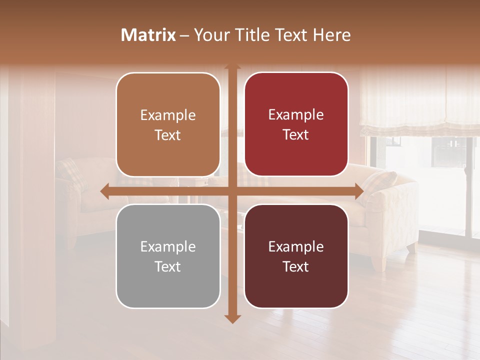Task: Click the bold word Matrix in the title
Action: pyautogui.click(x=148, y=35)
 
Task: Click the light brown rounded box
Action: pyautogui.click(x=168, y=124)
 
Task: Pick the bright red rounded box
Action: pyautogui.click(x=296, y=124)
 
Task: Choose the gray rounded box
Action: pyautogui.click(x=168, y=256)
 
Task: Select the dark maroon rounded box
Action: pyautogui.click(x=296, y=256)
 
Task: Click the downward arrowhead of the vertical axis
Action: pyautogui.click(x=232, y=318)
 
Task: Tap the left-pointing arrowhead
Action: pyautogui.click(x=104, y=191)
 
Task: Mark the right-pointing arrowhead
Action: pyautogui.click(x=359, y=191)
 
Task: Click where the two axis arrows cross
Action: pyautogui.click(x=232, y=191)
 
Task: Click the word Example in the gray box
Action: pyautogui.click(x=168, y=246)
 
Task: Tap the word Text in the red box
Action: pyautogui.click(x=296, y=134)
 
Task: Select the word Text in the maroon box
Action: pyautogui.click(x=296, y=266)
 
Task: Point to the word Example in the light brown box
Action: pyautogui.click(x=168, y=115)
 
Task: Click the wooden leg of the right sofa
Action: pyautogui.click(x=411, y=247)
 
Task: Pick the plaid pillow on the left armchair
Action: pyautogui.click(x=70, y=172)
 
